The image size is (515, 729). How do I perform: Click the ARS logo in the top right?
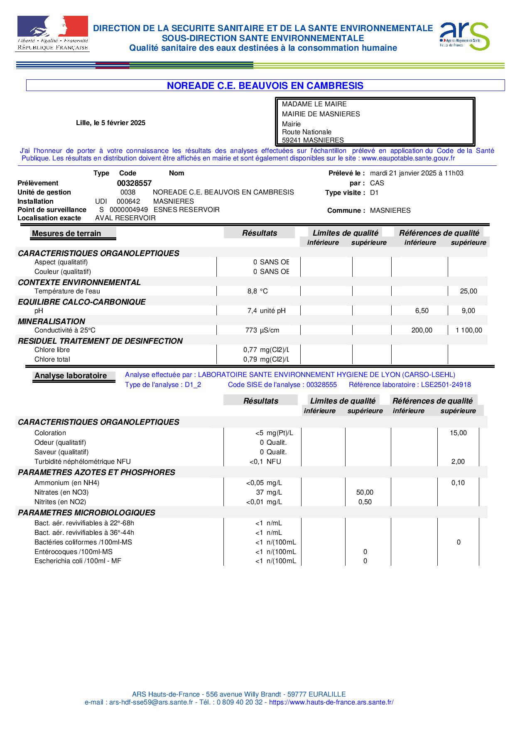[464, 36]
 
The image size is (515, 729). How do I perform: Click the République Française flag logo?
[52, 34]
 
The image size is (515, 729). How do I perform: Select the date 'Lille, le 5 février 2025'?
[110, 123]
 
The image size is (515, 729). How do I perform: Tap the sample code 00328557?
[134, 183]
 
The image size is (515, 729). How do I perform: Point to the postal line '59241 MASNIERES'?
[313, 140]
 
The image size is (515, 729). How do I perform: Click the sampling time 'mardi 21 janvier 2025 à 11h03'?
[417, 173]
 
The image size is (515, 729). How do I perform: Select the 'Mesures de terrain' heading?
[66, 234]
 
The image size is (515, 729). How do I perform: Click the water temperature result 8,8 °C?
[257, 291]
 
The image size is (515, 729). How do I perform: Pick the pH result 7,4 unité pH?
[266, 311]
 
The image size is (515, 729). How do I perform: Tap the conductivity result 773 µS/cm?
[262, 330]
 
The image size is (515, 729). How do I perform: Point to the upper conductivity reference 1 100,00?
[469, 330]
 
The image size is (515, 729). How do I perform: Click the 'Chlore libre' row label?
[52, 350]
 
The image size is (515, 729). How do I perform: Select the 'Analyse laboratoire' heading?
[71, 376]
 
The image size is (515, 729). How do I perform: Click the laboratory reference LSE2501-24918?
[446, 385]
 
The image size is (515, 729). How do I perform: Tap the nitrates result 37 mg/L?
[269, 493]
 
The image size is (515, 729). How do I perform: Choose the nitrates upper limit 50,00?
[365, 493]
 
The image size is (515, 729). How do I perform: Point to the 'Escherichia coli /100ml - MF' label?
[78, 561]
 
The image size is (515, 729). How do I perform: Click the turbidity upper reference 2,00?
[458, 462]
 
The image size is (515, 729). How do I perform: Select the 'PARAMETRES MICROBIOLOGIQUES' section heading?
[86, 513]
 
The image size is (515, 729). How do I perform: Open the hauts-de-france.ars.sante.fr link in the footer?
[331, 702]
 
